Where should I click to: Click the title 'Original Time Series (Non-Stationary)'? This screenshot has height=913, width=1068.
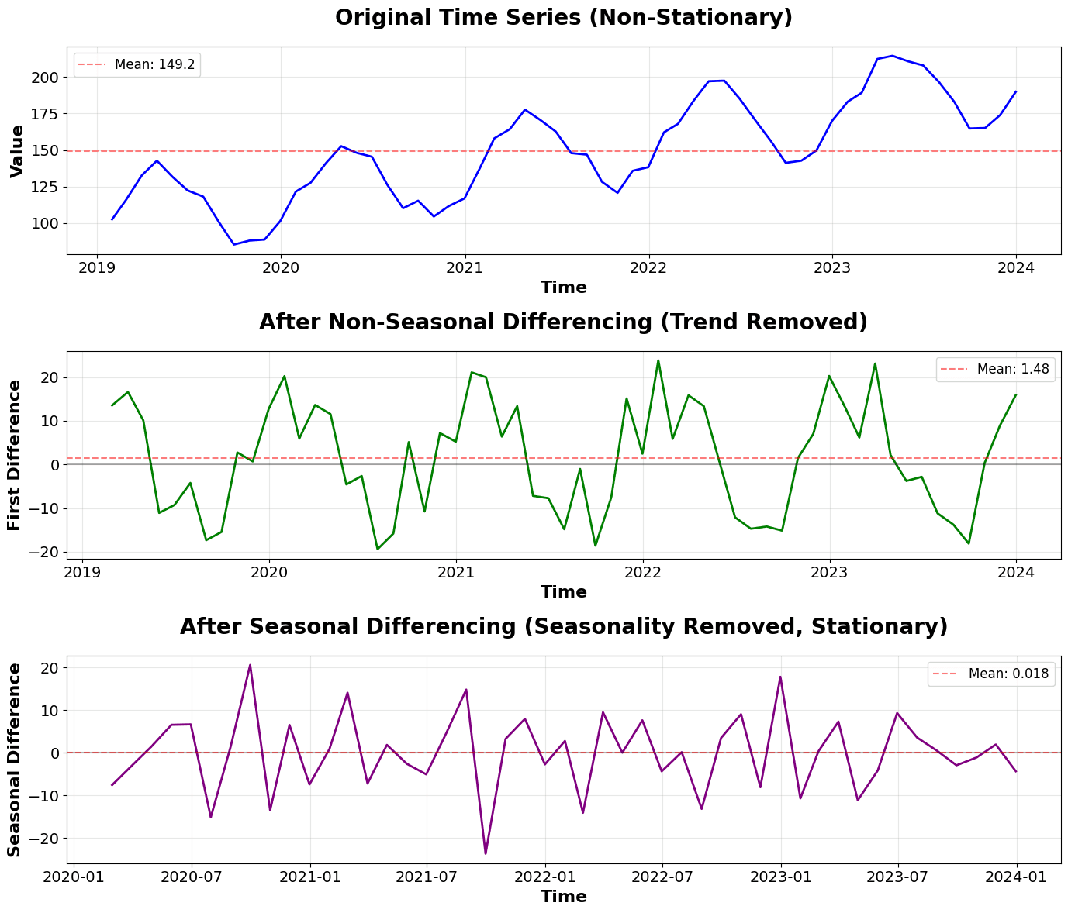point(563,18)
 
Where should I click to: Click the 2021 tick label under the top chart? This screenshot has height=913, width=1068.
point(465,268)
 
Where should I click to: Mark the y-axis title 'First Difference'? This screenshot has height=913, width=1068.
point(14,455)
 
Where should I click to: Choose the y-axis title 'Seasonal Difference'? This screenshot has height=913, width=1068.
point(14,760)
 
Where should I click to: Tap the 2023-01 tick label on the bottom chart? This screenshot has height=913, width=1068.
point(780,877)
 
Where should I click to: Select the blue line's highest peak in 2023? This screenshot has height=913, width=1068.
point(893,56)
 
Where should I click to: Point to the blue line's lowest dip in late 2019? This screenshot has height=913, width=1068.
point(233,245)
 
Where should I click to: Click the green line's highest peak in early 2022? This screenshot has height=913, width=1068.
point(658,360)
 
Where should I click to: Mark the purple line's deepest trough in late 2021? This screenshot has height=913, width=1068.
point(486,854)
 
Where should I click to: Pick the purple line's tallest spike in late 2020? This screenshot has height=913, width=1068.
point(250,665)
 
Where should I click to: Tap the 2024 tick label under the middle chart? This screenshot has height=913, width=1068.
point(1016,573)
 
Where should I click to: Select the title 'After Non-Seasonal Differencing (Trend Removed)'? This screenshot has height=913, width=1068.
point(563,322)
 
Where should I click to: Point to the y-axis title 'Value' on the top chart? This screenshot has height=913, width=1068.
point(17,151)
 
